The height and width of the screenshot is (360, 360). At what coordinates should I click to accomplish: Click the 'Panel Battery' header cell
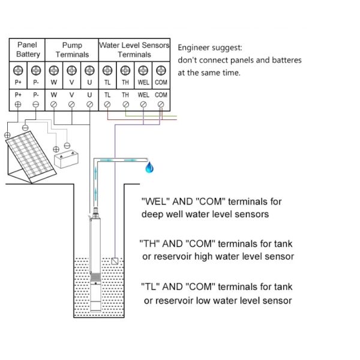(x=27, y=49)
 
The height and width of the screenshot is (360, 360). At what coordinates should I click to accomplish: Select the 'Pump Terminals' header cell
(x=71, y=49)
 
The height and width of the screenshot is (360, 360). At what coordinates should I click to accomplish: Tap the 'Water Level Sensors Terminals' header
(x=134, y=49)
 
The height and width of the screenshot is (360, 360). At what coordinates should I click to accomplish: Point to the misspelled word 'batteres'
(x=284, y=60)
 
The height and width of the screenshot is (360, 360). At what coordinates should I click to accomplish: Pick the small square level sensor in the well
(x=116, y=261)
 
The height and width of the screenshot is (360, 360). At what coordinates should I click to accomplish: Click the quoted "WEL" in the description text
(x=154, y=202)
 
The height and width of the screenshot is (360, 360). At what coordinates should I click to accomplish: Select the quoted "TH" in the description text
(x=149, y=244)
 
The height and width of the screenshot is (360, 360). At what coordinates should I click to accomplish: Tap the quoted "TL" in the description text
(x=149, y=286)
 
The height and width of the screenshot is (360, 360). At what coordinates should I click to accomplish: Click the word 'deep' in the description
(x=153, y=214)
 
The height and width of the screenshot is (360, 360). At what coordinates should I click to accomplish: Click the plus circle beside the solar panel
(x=7, y=135)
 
